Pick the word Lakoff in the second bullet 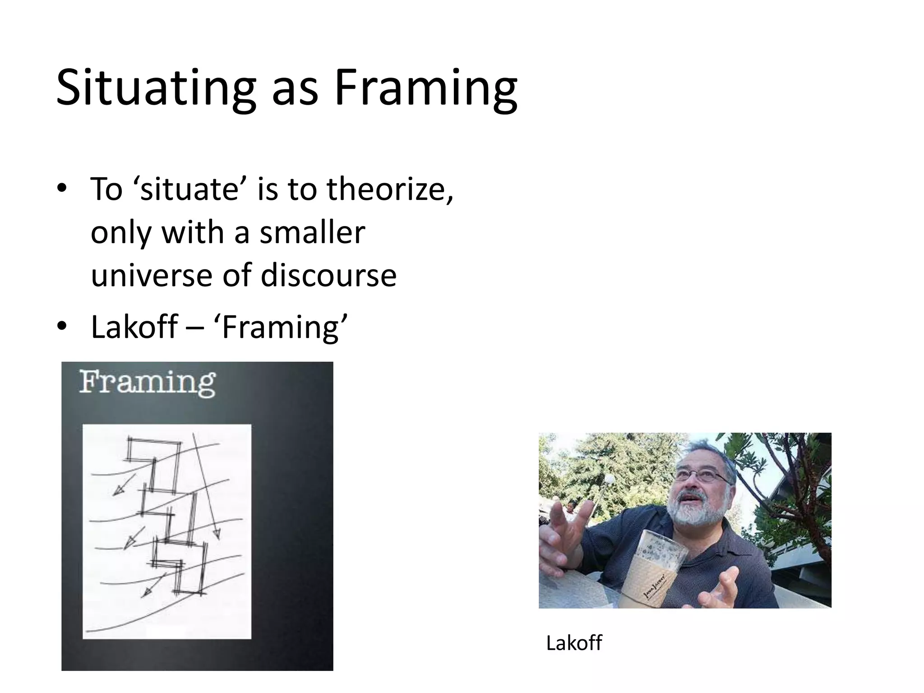pos(134,327)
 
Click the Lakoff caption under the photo pos(573,643)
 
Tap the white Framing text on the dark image pos(148,383)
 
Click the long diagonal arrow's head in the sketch pos(217,534)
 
